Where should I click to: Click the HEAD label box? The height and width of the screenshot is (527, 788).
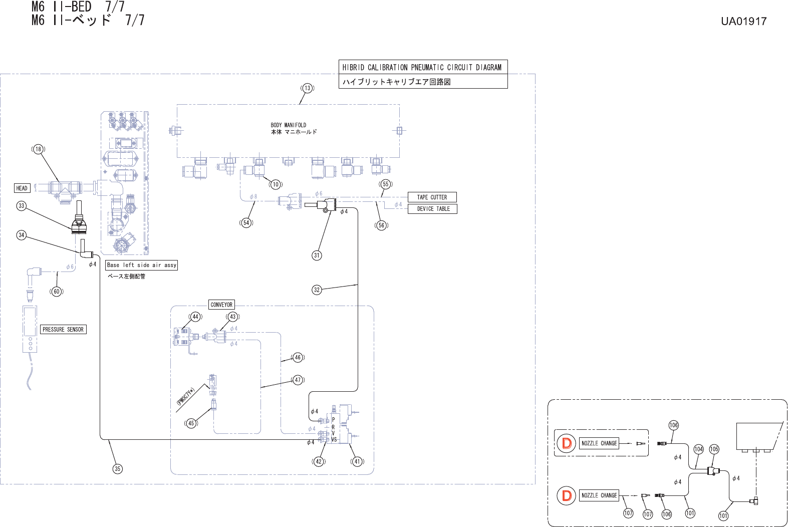(x=22, y=188)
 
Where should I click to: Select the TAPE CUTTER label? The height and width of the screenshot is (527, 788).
(x=432, y=197)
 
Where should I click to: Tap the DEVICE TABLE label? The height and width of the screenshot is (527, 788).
(x=433, y=209)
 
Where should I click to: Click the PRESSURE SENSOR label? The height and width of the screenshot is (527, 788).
(x=63, y=330)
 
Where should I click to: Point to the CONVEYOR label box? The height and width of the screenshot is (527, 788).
(x=221, y=305)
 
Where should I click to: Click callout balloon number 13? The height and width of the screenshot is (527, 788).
(x=307, y=88)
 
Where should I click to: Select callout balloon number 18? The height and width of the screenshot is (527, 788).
(x=39, y=149)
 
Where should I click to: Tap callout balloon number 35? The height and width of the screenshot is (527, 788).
(x=117, y=469)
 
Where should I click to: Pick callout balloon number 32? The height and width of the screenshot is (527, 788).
(x=317, y=290)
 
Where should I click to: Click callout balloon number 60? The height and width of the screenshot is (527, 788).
(x=57, y=292)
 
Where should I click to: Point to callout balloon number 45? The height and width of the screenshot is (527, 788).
(x=191, y=423)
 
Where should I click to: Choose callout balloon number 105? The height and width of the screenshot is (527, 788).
(x=714, y=449)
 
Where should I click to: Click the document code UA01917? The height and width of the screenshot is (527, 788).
(x=743, y=22)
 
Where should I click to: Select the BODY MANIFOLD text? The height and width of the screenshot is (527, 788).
(x=289, y=125)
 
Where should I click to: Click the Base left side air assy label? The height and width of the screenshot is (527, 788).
(x=142, y=265)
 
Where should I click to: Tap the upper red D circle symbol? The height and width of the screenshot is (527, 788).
(x=567, y=443)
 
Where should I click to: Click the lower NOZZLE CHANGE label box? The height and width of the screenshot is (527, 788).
(x=599, y=495)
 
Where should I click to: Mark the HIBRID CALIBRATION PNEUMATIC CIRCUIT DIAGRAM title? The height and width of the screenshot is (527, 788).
(x=422, y=68)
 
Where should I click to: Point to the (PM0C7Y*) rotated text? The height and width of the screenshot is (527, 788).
(x=185, y=396)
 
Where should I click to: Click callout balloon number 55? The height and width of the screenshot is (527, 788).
(x=385, y=184)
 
